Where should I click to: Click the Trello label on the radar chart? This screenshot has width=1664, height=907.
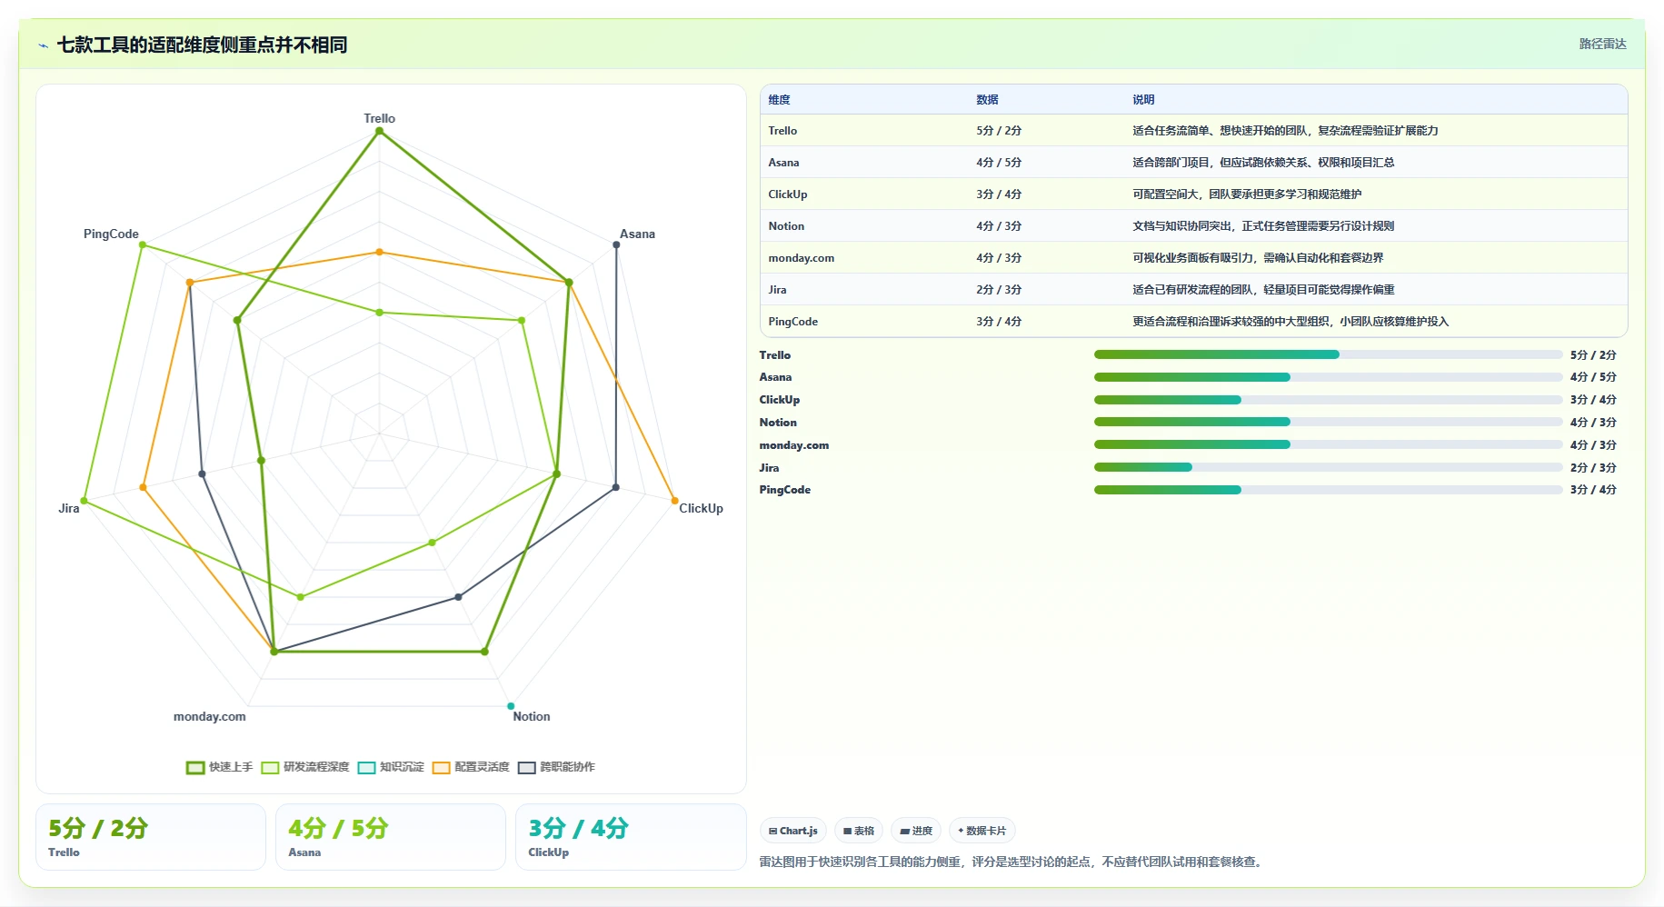pyautogui.click(x=379, y=118)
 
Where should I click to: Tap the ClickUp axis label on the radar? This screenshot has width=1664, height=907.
pyautogui.click(x=701, y=508)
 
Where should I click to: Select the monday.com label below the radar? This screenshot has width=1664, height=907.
pyautogui.click(x=209, y=716)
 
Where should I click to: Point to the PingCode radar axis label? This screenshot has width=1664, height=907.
pyautogui.click(x=111, y=234)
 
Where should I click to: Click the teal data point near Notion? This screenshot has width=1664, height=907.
pyautogui.click(x=511, y=706)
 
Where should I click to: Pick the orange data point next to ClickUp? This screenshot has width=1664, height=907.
pyautogui.click(x=674, y=500)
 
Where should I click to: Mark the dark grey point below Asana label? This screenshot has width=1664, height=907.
pyautogui.click(x=616, y=244)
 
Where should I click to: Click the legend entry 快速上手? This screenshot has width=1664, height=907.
pyautogui.click(x=220, y=767)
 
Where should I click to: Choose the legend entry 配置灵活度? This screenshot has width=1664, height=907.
pyautogui.click(x=471, y=767)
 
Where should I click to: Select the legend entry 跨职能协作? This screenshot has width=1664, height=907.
pyautogui.click(x=556, y=767)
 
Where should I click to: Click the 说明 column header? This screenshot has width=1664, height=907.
pyautogui.click(x=1143, y=100)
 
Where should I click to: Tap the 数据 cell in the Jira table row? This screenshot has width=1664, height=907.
pyautogui.click(x=999, y=290)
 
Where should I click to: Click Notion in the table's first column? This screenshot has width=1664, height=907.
pyautogui.click(x=786, y=226)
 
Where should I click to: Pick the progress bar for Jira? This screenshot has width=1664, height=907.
pyautogui.click(x=1328, y=467)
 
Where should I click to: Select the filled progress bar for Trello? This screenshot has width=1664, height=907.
pyautogui.click(x=1216, y=354)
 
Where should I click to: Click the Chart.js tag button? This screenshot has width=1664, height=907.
pyautogui.click(x=792, y=831)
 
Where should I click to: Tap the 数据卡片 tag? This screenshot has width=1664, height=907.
pyautogui.click(x=981, y=831)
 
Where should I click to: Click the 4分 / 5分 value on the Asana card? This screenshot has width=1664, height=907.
pyautogui.click(x=338, y=828)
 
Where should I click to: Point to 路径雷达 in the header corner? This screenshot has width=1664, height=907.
pyautogui.click(x=1602, y=44)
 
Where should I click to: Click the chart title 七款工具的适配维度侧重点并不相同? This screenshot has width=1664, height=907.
pyautogui.click(x=202, y=45)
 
